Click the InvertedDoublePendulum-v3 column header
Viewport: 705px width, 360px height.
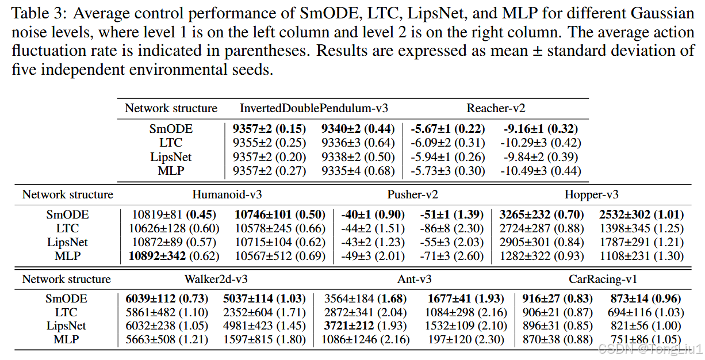[314, 108]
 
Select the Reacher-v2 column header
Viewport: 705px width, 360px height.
[496, 108]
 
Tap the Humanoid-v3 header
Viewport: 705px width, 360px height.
[227, 194]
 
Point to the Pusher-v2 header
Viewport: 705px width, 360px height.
[412, 194]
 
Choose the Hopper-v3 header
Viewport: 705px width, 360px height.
[591, 194]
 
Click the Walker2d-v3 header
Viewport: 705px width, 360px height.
[216, 279]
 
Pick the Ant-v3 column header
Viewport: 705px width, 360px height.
[414, 279]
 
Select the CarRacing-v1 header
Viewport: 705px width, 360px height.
[603, 279]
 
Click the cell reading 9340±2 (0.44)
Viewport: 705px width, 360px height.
[358, 129]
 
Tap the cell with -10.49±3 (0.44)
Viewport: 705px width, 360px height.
[541, 171]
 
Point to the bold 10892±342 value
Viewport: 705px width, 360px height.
[157, 256]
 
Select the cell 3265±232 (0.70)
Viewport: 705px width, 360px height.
[541, 215]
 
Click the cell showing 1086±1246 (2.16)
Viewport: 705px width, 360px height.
[365, 339]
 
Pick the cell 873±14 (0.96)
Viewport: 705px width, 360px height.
[646, 298]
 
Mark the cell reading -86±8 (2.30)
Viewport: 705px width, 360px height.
[451, 228]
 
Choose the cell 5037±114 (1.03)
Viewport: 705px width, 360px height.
[265, 298]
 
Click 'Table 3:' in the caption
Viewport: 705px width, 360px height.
[39, 14]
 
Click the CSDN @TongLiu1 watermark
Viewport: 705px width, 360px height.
[650, 349]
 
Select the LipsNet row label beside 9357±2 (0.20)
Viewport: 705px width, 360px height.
[171, 157]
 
